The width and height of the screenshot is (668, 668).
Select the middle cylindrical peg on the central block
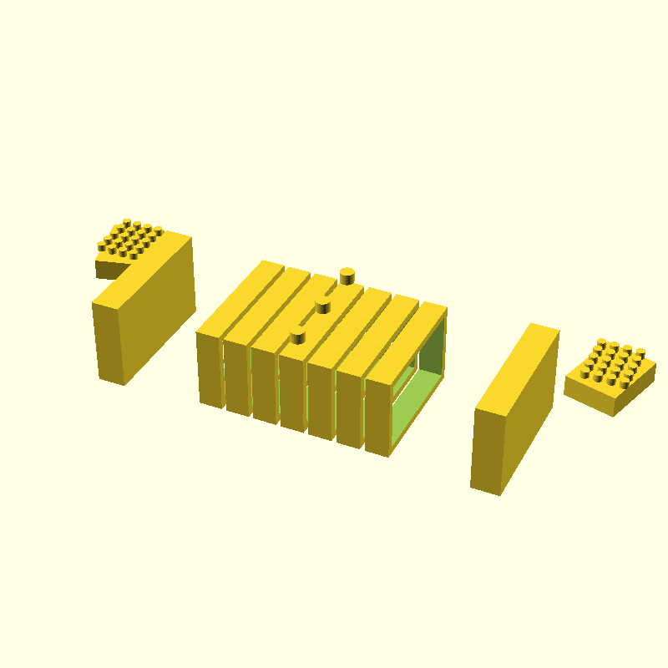coord(322,306)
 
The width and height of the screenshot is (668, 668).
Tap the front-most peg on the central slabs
coord(296,336)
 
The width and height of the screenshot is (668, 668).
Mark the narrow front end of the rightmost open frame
coord(377,417)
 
